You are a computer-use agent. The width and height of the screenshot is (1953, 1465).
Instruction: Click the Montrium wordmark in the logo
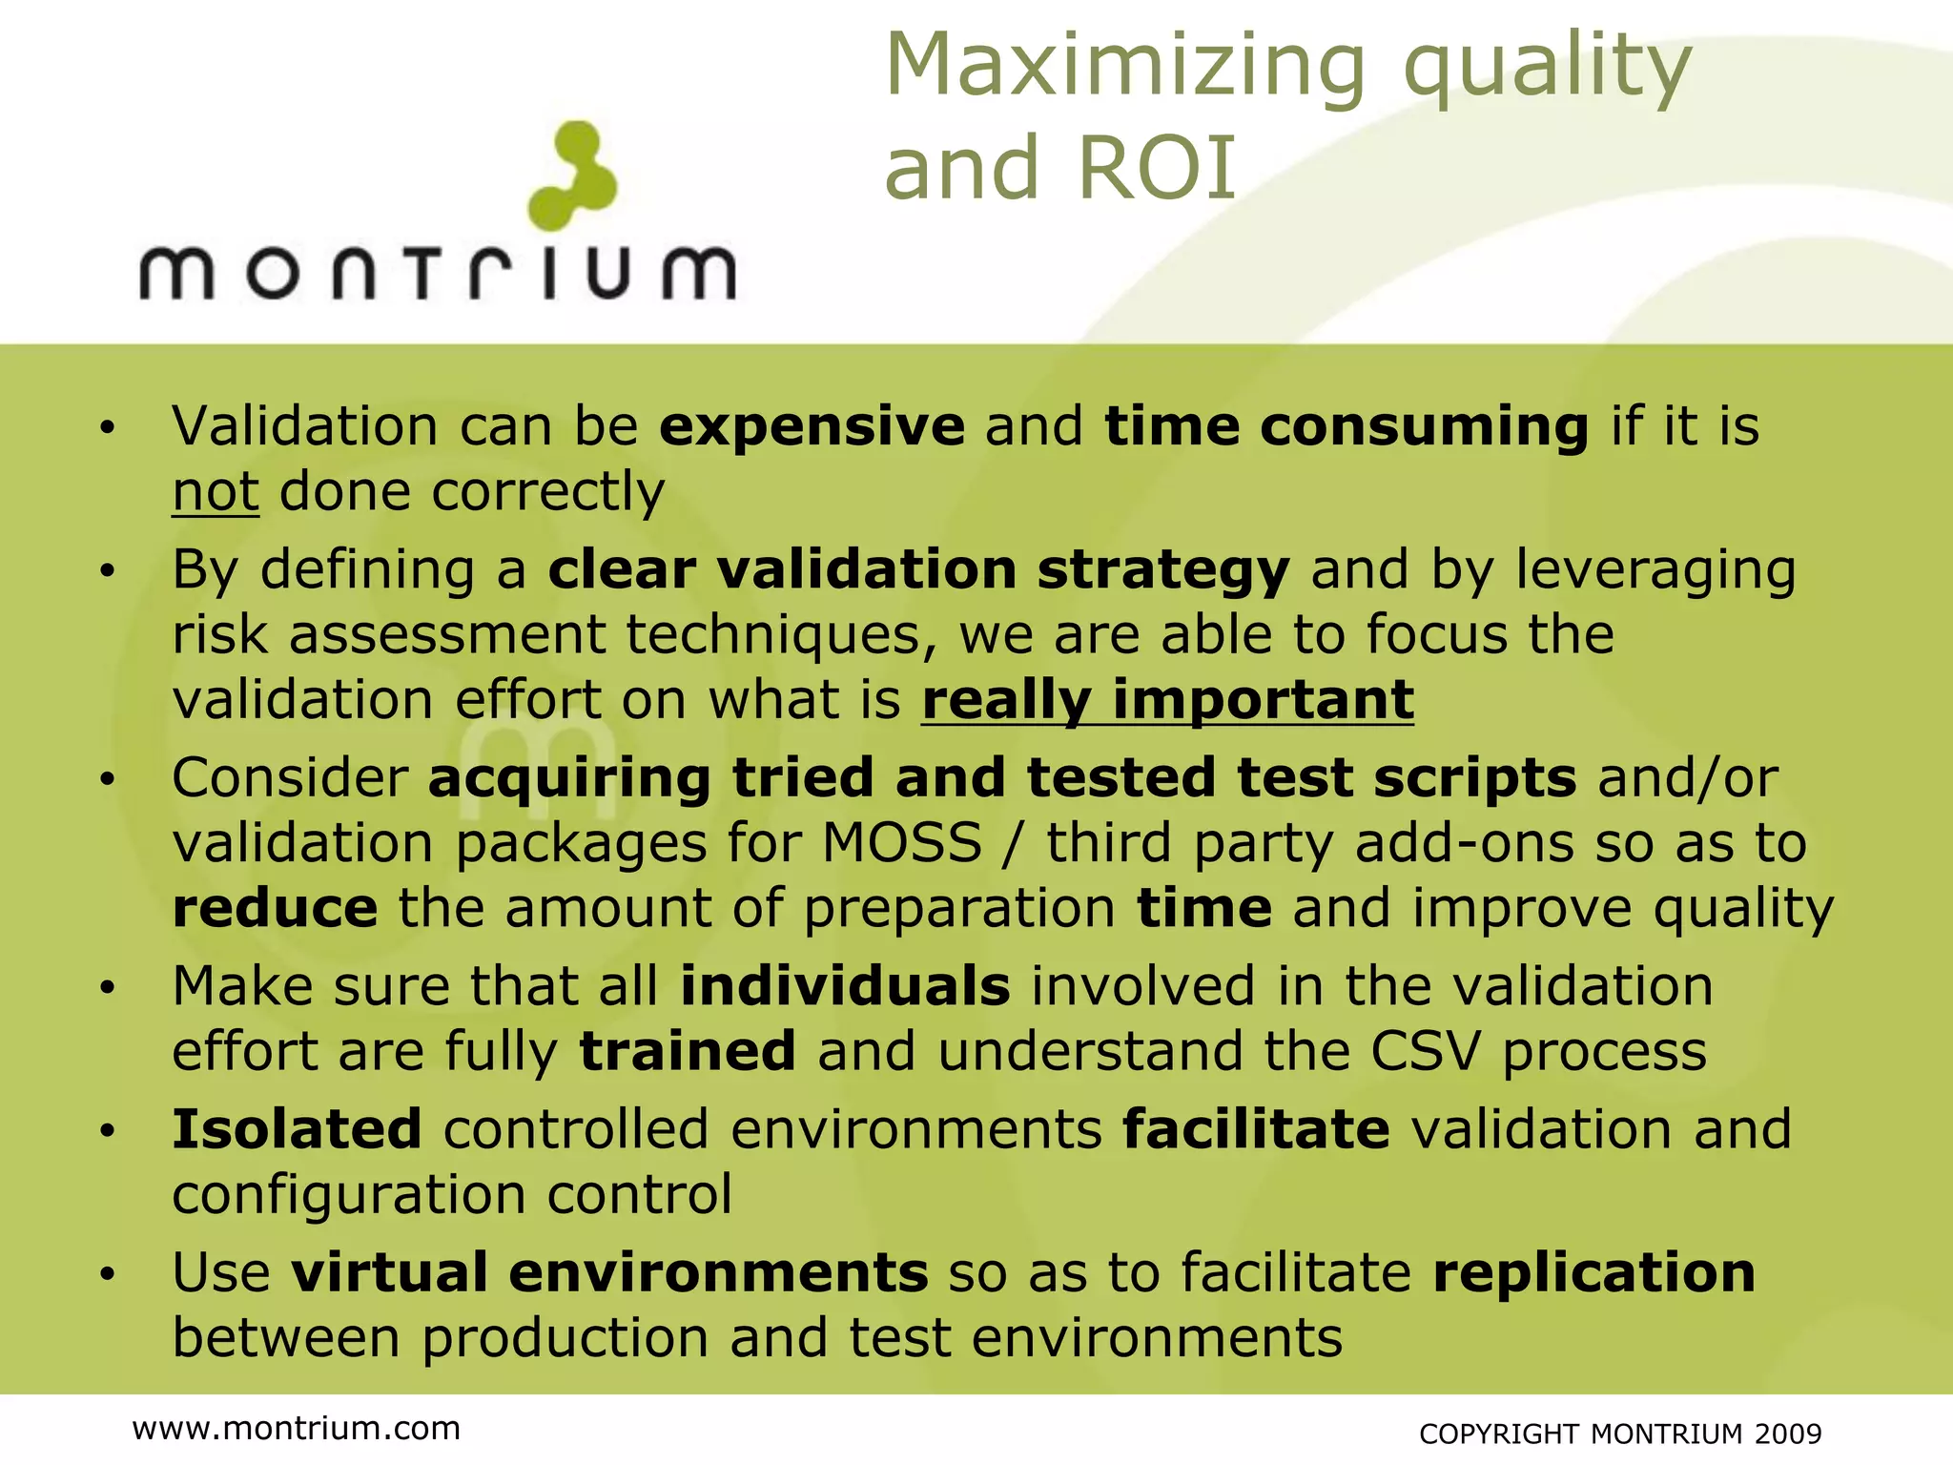click(438, 273)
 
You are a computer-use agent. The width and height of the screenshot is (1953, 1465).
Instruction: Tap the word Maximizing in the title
click(1126, 67)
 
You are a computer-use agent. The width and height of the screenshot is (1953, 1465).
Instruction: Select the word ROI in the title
click(1157, 170)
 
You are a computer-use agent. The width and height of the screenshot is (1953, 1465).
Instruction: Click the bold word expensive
click(812, 425)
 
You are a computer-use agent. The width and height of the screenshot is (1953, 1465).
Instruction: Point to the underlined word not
click(216, 492)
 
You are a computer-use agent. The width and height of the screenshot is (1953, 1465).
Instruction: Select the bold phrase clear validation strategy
click(918, 569)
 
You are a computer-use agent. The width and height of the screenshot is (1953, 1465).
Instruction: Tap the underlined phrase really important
click(1167, 700)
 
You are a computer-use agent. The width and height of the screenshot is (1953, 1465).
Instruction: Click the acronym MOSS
click(902, 843)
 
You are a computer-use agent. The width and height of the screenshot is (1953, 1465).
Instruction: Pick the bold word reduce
click(275, 908)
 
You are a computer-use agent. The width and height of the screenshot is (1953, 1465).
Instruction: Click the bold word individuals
click(845, 986)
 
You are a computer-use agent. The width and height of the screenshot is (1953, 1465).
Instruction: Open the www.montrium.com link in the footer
click(297, 1428)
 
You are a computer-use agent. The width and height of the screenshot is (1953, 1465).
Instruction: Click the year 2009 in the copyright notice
click(1787, 1434)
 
